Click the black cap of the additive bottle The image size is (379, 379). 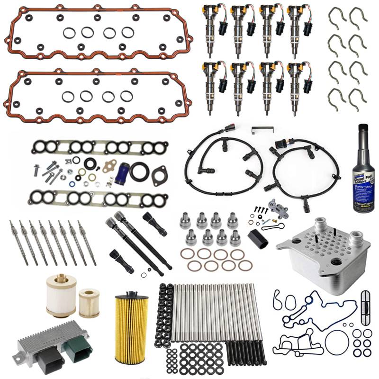[363, 130]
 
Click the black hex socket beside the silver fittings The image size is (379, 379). [257, 237]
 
